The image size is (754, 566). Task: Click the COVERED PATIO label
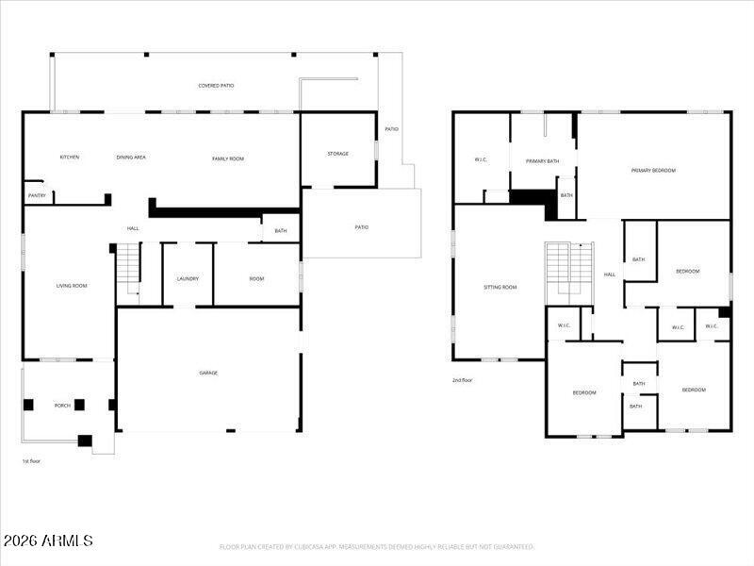216,86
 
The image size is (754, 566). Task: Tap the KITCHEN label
70,158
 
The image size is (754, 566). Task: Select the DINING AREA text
131,158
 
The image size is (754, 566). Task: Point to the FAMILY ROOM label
228,158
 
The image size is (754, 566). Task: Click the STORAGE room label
338,154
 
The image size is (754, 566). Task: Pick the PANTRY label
37,196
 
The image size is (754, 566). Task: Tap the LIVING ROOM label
72,286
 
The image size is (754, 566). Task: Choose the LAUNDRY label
188,278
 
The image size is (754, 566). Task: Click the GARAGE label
208,373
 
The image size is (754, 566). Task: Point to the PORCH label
62,406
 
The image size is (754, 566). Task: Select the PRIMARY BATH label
543,161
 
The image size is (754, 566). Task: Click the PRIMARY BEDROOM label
653,171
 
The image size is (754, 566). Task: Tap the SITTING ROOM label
500,287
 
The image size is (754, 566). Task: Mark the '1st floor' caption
31,461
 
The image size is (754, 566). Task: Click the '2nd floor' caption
462,381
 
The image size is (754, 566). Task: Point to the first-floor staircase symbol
128,270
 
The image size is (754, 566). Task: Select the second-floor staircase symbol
570,273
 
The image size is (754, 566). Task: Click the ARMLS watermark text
48,541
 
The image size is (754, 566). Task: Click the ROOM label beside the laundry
256,278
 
